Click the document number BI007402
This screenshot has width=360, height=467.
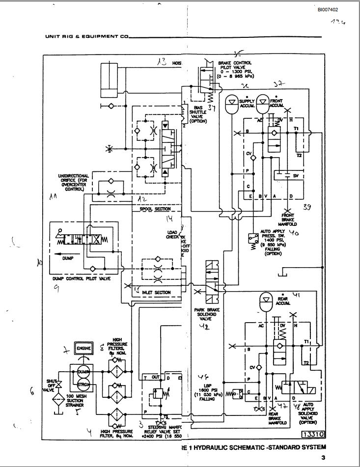(328, 9)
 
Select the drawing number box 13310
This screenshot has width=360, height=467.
(312, 434)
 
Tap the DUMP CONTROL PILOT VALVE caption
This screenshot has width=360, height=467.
(82, 278)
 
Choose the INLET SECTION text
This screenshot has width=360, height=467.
(156, 292)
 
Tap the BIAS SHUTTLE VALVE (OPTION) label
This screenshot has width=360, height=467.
(198, 113)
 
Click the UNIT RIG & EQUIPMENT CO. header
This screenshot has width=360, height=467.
(87, 36)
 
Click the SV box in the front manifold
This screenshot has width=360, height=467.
(295, 175)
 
